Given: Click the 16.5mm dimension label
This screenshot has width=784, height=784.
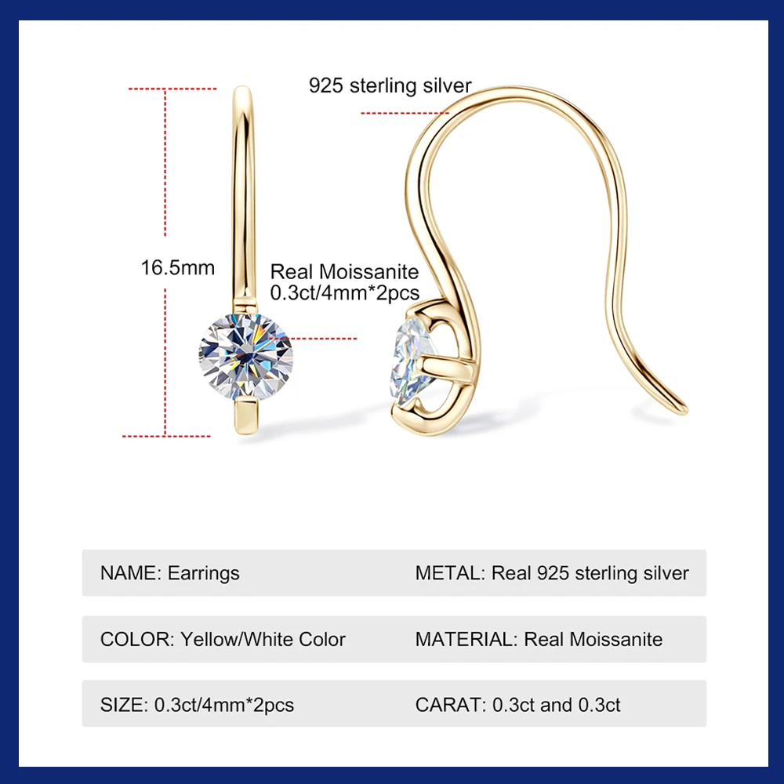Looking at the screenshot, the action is coord(177,267).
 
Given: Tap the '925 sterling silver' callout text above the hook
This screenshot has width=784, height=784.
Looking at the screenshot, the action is coord(390,85).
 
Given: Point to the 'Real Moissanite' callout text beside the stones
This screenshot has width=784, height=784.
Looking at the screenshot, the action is coord(344,272).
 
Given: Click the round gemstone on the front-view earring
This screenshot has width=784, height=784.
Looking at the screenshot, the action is coord(245,357).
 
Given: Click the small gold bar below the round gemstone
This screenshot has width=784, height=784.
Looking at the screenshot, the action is coord(245,415).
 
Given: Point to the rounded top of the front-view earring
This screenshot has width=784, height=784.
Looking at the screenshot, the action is coord(244,93).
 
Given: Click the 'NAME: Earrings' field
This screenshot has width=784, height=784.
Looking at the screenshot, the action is coord(170,573).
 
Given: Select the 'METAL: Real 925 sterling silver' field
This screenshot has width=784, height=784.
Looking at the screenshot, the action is coord(552,573).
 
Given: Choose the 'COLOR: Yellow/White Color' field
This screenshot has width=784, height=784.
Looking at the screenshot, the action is coord(223,639).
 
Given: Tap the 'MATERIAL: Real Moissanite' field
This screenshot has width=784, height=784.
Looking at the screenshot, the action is coord(539,639).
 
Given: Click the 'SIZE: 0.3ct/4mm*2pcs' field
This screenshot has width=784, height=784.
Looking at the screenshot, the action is coord(197,705).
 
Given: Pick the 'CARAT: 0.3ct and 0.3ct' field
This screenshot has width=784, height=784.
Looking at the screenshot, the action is coord(517,705).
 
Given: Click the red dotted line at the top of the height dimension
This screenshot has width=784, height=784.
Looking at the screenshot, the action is coord(172,89).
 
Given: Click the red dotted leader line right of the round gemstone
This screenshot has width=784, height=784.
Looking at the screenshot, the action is coord(325,339).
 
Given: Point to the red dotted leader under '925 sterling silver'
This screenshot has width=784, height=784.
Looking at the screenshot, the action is coord(404,113).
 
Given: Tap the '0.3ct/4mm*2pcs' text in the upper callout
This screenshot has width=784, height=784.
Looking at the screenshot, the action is coord(344,292).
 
